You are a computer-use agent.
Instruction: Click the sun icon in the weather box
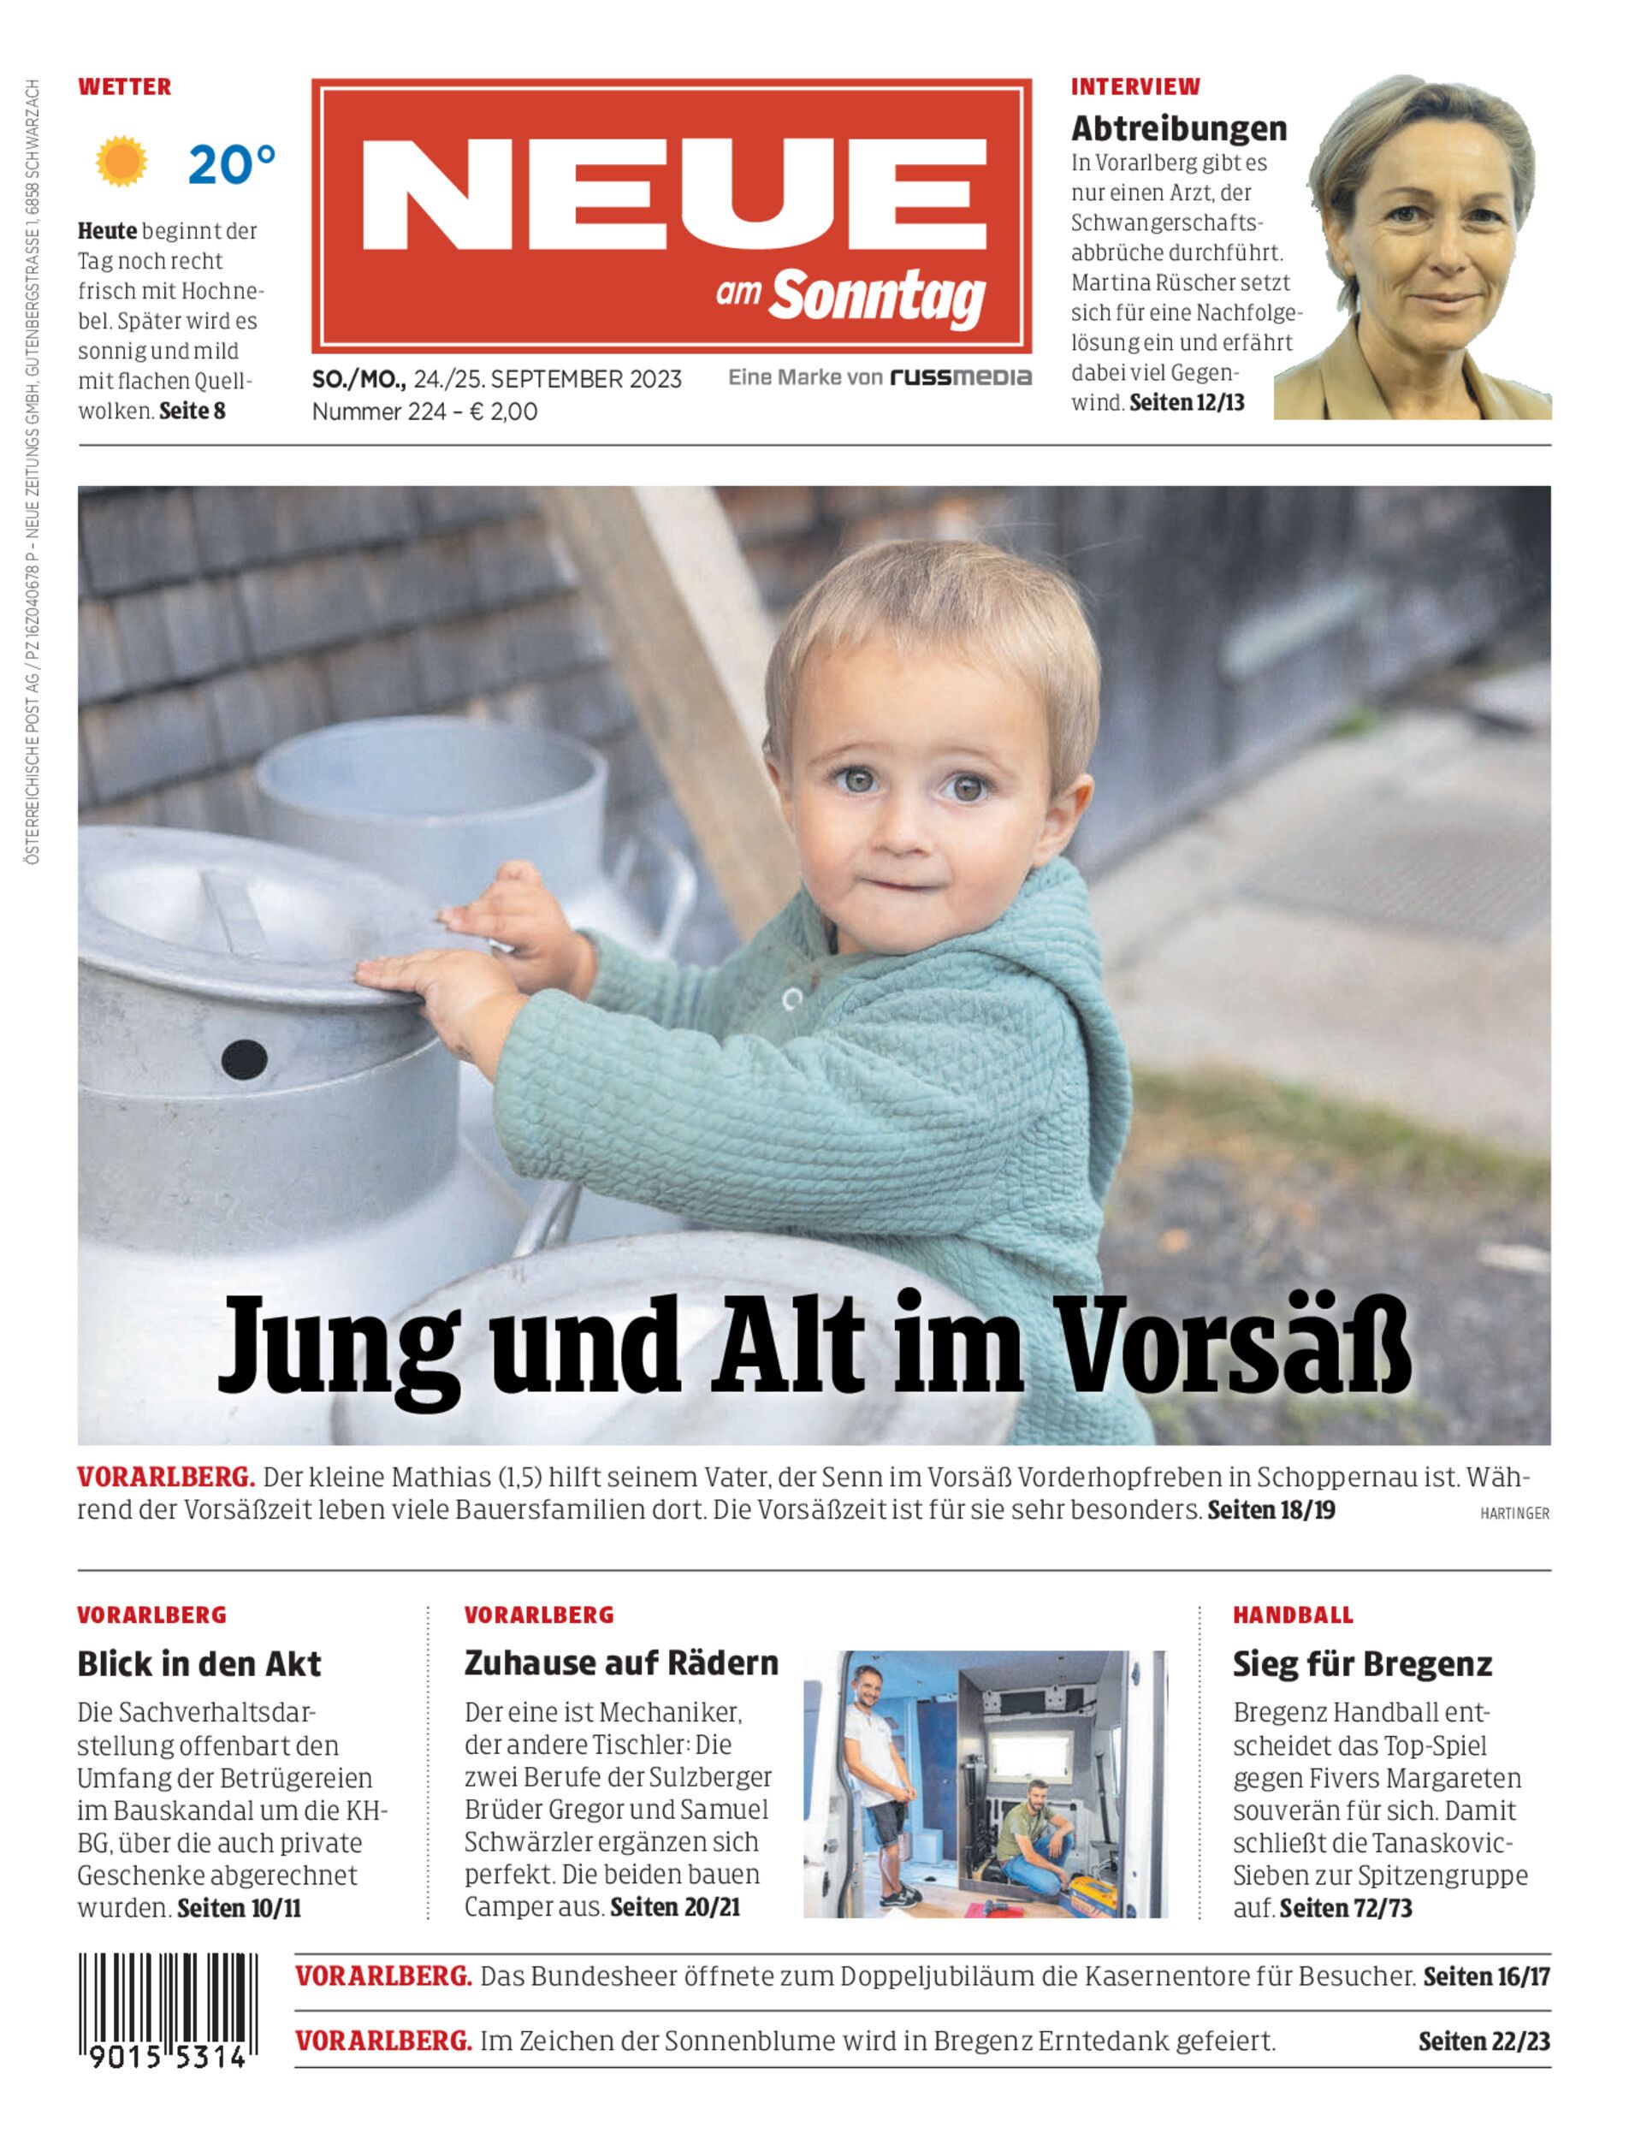coord(121,163)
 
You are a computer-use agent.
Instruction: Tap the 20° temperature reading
coord(231,164)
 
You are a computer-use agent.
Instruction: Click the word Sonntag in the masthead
coord(878,293)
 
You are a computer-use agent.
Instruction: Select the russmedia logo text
coord(960,377)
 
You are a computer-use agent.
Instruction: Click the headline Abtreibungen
coord(1178,128)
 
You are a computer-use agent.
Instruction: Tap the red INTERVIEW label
coord(1134,86)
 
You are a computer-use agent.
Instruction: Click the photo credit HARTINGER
coord(1513,1514)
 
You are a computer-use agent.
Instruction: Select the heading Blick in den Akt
coord(198,1664)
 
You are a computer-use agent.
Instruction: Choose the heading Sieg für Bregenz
coord(1361,1664)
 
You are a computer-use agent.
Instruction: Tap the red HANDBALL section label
coord(1293,1615)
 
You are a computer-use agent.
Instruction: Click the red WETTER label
coord(124,86)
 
